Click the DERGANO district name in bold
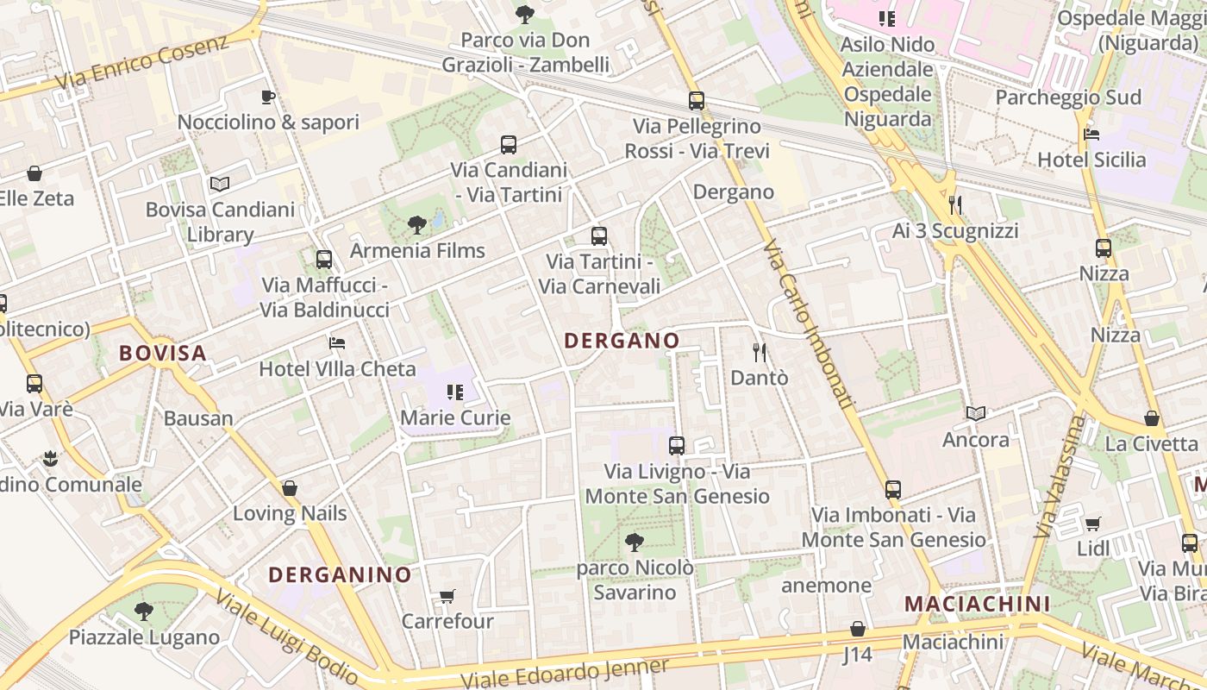pyautogui.click(x=622, y=341)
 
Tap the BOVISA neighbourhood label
pyautogui.click(x=163, y=353)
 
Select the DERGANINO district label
pyautogui.click(x=340, y=574)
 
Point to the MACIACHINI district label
pyautogui.click(x=977, y=604)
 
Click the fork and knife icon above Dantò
pyautogui.click(x=760, y=352)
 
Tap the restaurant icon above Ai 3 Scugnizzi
pyautogui.click(x=955, y=204)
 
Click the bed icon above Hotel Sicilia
pyautogui.click(x=1091, y=135)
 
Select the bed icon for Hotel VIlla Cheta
pyautogui.click(x=337, y=343)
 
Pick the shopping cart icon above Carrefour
pyautogui.click(x=447, y=596)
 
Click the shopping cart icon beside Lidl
pyautogui.click(x=1093, y=524)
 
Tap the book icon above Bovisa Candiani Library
pyautogui.click(x=220, y=184)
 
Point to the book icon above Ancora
pyautogui.click(x=976, y=414)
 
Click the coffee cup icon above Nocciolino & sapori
pyautogui.click(x=268, y=97)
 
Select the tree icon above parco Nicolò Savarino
pyautogui.click(x=635, y=543)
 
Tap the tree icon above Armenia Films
pyautogui.click(x=417, y=225)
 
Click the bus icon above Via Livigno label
pyautogui.click(x=677, y=446)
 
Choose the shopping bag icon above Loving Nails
pyautogui.click(x=290, y=488)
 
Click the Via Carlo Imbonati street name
pyautogui.click(x=808, y=323)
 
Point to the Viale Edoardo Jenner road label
pyautogui.click(x=565, y=674)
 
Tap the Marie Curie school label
pyautogui.click(x=455, y=417)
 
